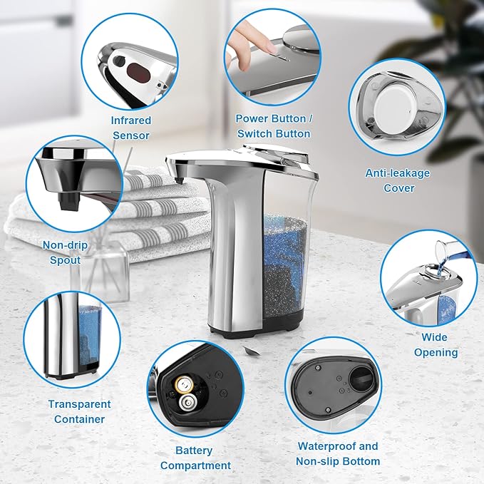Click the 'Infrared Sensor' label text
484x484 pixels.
coord(130,128)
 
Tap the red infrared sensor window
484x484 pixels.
coord(136,70)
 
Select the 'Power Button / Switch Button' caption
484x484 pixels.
coord(273,126)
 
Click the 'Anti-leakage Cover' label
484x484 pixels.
coord(398,180)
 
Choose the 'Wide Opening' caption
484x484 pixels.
coord(436,344)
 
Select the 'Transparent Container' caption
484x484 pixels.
coord(79,411)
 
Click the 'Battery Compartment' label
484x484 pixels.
coord(195,458)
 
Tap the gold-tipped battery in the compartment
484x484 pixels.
coord(184,386)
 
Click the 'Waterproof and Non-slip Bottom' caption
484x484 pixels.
coord(338,453)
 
